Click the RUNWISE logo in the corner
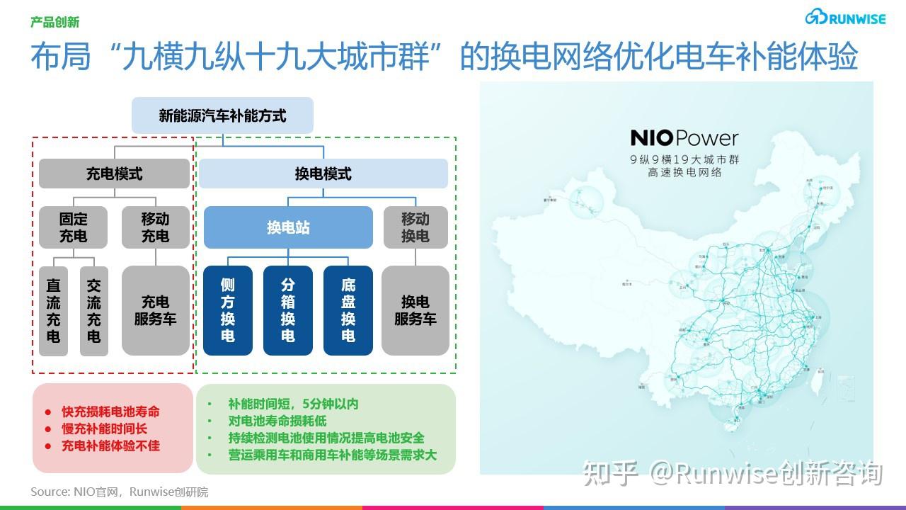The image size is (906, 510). pyautogui.click(x=845, y=18)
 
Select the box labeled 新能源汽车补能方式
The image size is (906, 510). pyautogui.click(x=222, y=115)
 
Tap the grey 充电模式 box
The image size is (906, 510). pyautogui.click(x=114, y=174)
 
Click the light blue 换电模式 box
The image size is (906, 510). pyautogui.click(x=323, y=174)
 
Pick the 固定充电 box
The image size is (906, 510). pyautogui.click(x=73, y=227)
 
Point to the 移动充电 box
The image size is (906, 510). pyautogui.click(x=155, y=227)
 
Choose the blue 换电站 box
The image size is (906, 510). pyautogui.click(x=288, y=227)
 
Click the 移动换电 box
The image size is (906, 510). pyautogui.click(x=415, y=227)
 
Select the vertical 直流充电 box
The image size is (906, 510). pyautogui.click(x=54, y=310)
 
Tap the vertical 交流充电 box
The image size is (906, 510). pyautogui.click(x=94, y=310)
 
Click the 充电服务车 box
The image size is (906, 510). pyautogui.click(x=155, y=310)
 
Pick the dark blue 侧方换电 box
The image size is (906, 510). pyautogui.click(x=227, y=310)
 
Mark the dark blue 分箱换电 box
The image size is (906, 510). pyautogui.click(x=287, y=310)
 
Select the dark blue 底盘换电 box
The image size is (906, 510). pyautogui.click(x=348, y=310)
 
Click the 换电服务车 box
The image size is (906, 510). pyautogui.click(x=415, y=310)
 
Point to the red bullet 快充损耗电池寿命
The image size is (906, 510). pyautogui.click(x=110, y=412)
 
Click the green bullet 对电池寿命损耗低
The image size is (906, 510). pyautogui.click(x=277, y=421)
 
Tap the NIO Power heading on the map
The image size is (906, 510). pyautogui.click(x=684, y=138)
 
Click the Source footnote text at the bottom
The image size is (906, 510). pyautogui.click(x=120, y=492)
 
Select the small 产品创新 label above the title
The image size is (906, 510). pyautogui.click(x=55, y=23)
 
